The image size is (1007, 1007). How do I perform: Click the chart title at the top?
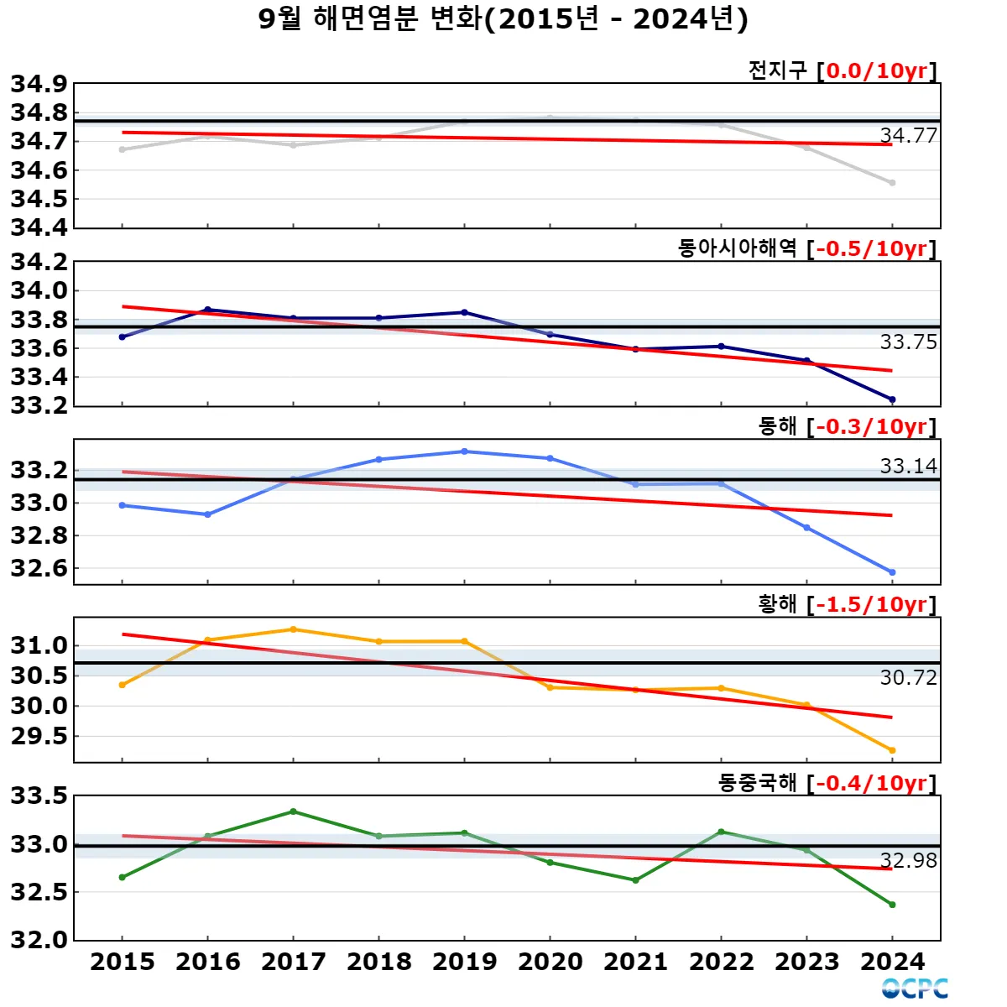[503, 19]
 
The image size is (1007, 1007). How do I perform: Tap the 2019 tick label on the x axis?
[464, 962]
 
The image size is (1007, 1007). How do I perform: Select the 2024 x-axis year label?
[892, 962]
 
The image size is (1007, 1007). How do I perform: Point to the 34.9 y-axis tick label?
[39, 84]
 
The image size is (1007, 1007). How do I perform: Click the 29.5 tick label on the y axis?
[39, 736]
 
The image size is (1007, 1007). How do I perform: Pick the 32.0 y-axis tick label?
[39, 940]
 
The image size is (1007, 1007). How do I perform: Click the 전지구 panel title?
[777, 70]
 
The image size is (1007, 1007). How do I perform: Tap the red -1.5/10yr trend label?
[872, 604]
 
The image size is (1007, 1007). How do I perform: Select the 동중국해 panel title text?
[757, 782]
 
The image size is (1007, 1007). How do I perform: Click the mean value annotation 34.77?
[908, 136]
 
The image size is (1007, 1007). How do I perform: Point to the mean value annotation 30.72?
[908, 677]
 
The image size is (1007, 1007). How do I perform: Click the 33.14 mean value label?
[908, 466]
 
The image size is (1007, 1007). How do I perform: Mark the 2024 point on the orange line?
[892, 750]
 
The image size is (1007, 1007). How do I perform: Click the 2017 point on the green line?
[293, 811]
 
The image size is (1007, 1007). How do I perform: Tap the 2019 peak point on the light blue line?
[464, 451]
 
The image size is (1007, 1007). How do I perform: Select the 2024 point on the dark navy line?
[892, 399]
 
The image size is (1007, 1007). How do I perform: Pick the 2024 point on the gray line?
[892, 182]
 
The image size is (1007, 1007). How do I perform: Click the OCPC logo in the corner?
[915, 989]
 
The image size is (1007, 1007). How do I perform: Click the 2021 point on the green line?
[635, 880]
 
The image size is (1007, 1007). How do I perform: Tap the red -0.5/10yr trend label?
[872, 248]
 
